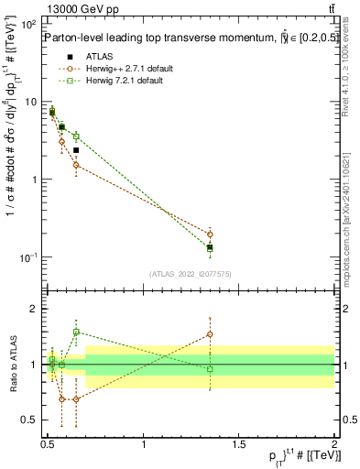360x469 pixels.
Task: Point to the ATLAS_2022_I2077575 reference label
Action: [x=190, y=273]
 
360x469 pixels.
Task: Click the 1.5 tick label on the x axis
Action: [x=239, y=443]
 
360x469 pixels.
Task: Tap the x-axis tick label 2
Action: [x=334, y=443]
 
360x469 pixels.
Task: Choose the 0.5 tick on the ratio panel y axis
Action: [x=31, y=420]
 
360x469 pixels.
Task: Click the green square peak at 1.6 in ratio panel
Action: [x=76, y=332]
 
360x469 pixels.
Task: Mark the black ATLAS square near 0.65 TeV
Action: [x=76, y=150]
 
